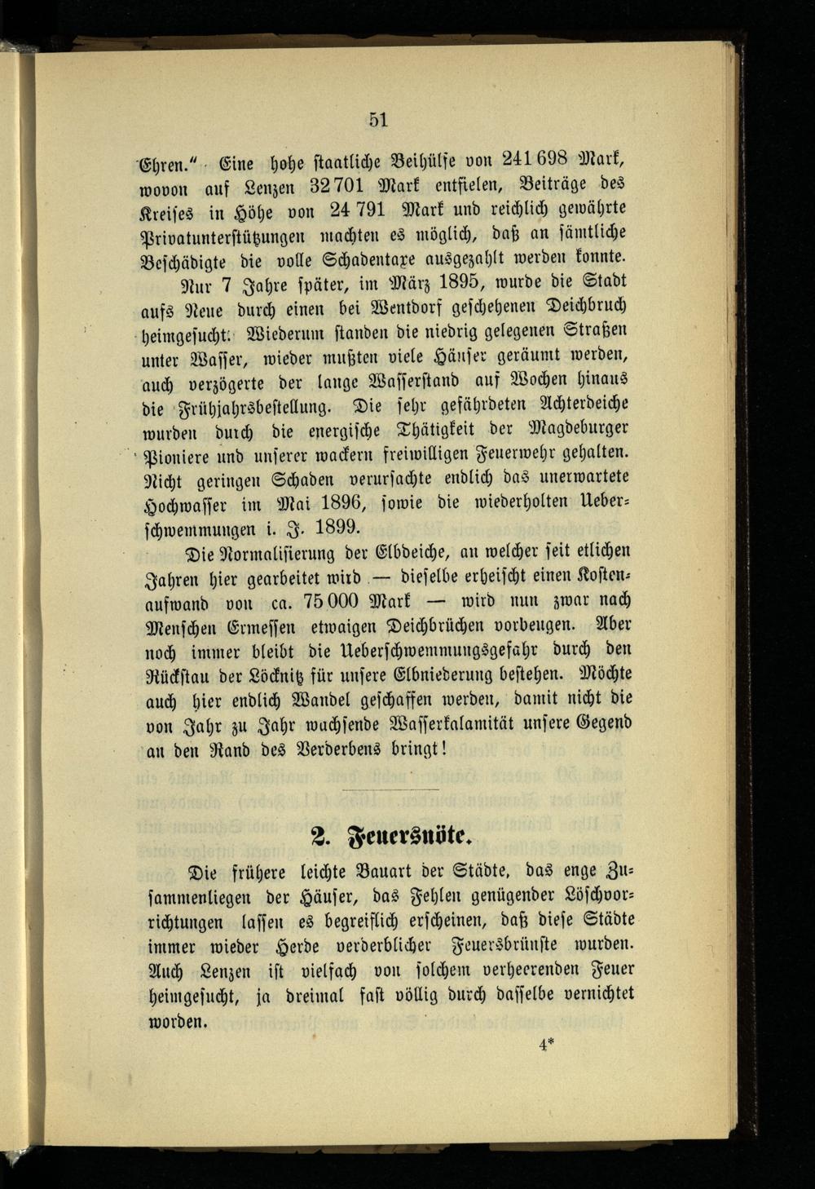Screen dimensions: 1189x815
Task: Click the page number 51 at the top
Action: pyautogui.click(x=377, y=120)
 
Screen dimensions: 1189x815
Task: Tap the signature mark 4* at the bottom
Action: pyautogui.click(x=546, y=1045)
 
